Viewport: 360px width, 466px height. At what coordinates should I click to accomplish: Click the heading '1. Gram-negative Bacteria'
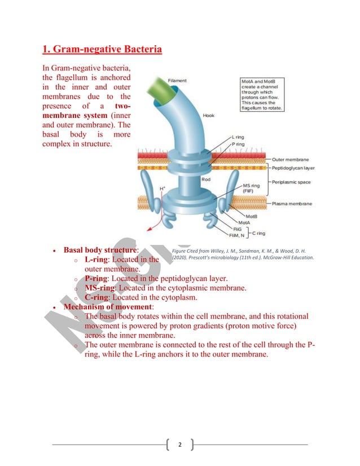tap(102, 50)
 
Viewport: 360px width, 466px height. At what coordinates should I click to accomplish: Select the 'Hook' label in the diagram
tap(208, 116)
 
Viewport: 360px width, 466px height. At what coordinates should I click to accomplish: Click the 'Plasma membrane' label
tap(292, 203)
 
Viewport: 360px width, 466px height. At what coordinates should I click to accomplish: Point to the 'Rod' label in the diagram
tap(206, 179)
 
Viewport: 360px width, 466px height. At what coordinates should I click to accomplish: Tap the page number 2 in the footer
tap(180, 445)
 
